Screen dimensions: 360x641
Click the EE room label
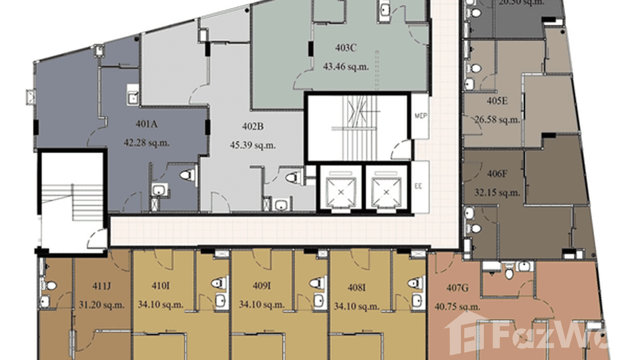click(420, 184)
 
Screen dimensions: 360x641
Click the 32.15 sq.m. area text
click(497, 193)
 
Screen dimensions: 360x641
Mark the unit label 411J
click(101, 286)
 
